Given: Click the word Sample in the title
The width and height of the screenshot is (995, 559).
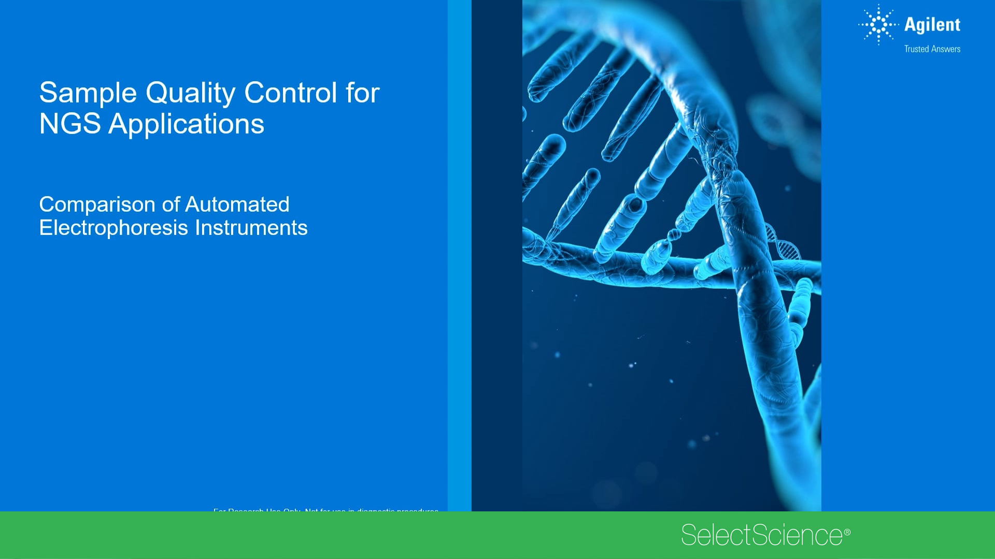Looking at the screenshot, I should point(88,93).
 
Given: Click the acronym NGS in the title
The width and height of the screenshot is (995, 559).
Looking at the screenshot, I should point(69,124).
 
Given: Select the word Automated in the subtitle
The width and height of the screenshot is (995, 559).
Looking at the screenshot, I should point(237,204).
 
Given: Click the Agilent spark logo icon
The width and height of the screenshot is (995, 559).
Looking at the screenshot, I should point(878,24).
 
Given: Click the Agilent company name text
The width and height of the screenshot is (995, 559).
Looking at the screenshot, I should point(932,25).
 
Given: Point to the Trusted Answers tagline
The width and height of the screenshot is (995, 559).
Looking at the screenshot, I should point(932,49).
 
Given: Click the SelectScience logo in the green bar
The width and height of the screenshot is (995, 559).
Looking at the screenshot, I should point(761,535).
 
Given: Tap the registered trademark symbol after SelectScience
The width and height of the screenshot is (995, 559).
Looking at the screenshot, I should point(847,532).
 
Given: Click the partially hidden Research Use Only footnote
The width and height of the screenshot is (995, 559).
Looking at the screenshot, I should point(325,510).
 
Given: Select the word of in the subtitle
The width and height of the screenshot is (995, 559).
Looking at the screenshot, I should point(170,205).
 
